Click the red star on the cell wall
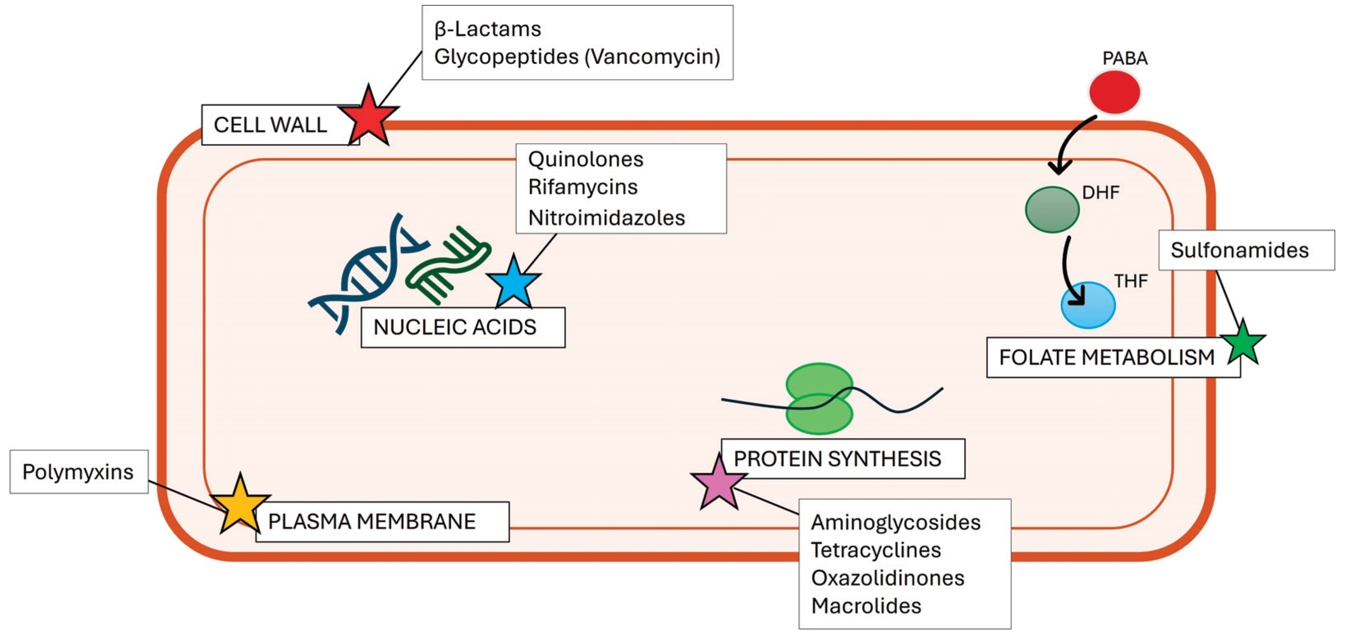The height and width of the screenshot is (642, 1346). tap(368, 118)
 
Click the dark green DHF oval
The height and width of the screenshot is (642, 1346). tap(1052, 209)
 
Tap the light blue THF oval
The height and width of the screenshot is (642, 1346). tap(1088, 305)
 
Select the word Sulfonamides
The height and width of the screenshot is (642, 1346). tap(1239, 250)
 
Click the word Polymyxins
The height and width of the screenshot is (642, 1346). tap(78, 472)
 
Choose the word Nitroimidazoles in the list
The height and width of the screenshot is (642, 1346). tap(606, 218)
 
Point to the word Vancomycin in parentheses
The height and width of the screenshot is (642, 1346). tap(652, 57)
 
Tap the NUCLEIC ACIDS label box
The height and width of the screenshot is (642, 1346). tap(463, 328)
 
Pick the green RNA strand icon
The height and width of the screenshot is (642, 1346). tap(448, 264)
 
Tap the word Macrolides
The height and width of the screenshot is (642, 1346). tap(866, 606)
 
